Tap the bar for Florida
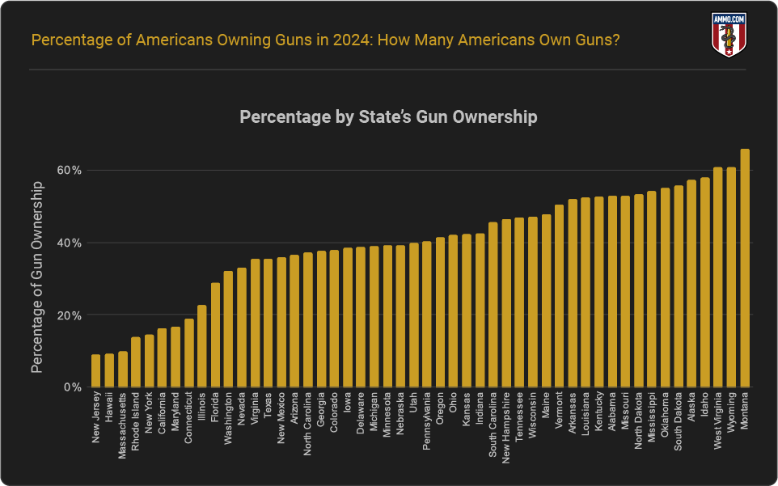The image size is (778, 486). pos(215,335)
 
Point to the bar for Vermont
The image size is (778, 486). pos(559,296)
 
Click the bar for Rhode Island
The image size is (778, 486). pos(136,362)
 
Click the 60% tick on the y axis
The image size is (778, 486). pos(70,171)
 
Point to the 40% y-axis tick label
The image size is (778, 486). pos(70,243)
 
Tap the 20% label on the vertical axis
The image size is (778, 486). pos(70,315)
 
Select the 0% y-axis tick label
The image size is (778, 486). pos(73,387)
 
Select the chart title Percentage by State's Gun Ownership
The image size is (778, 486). pos(388,117)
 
